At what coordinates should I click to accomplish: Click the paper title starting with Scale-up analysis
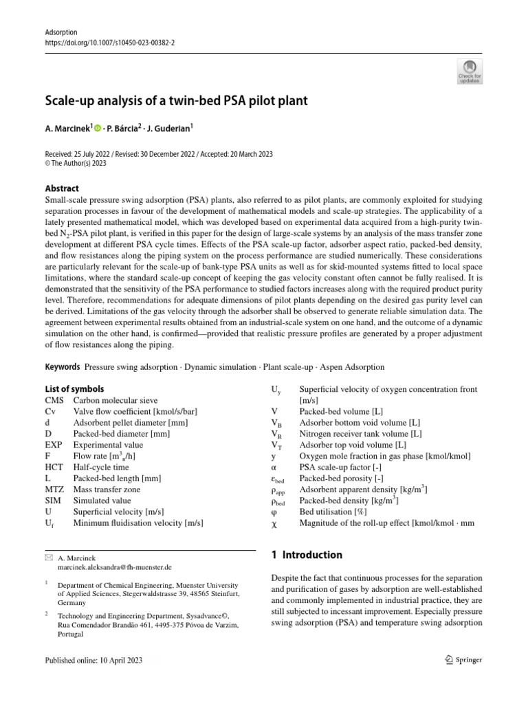[x=176, y=101]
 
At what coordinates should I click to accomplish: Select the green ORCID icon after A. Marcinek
[x=98, y=127]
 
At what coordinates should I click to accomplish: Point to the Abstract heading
[x=61, y=188]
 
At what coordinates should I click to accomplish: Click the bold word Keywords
[x=63, y=367]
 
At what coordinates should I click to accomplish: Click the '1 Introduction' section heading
[x=307, y=555]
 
